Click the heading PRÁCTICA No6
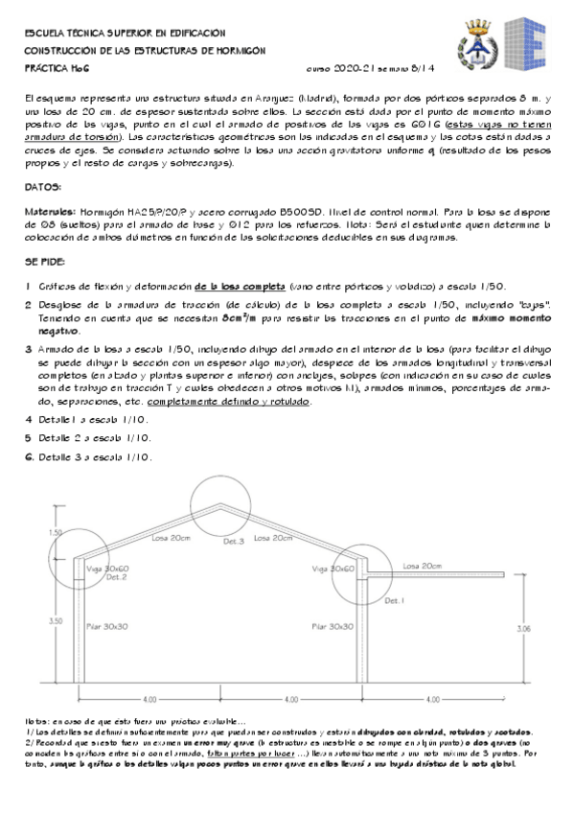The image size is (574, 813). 57,70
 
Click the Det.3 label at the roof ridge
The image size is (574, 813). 235,543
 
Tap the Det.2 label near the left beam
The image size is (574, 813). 117,577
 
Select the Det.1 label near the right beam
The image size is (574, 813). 396,600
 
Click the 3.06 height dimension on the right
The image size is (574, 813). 522,629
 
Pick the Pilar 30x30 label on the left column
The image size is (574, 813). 106,626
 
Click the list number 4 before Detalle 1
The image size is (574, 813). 29,419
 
